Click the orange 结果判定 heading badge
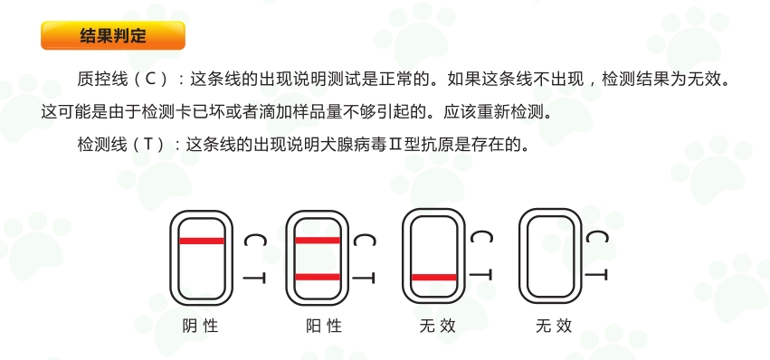click(113, 35)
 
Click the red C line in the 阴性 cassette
click(202, 241)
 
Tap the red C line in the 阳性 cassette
click(318, 241)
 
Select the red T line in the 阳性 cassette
click(318, 277)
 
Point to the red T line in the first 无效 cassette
click(434, 278)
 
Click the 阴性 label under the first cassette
click(200, 326)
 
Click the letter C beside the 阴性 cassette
click(255, 241)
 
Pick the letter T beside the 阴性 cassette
click(255, 279)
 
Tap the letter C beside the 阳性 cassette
click(365, 241)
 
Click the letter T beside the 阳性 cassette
click(364, 279)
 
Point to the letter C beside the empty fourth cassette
click(597, 237)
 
